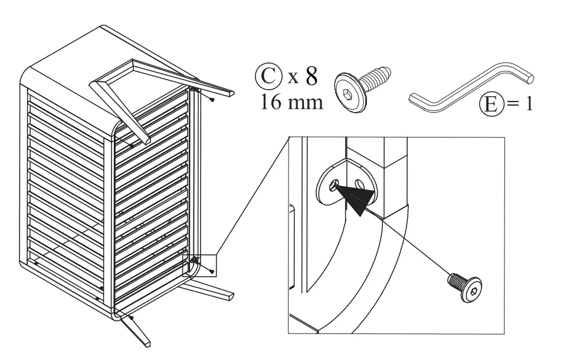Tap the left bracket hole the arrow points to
(335, 185)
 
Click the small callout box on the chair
(203, 264)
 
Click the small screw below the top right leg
(212, 100)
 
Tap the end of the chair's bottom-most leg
(144, 342)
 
